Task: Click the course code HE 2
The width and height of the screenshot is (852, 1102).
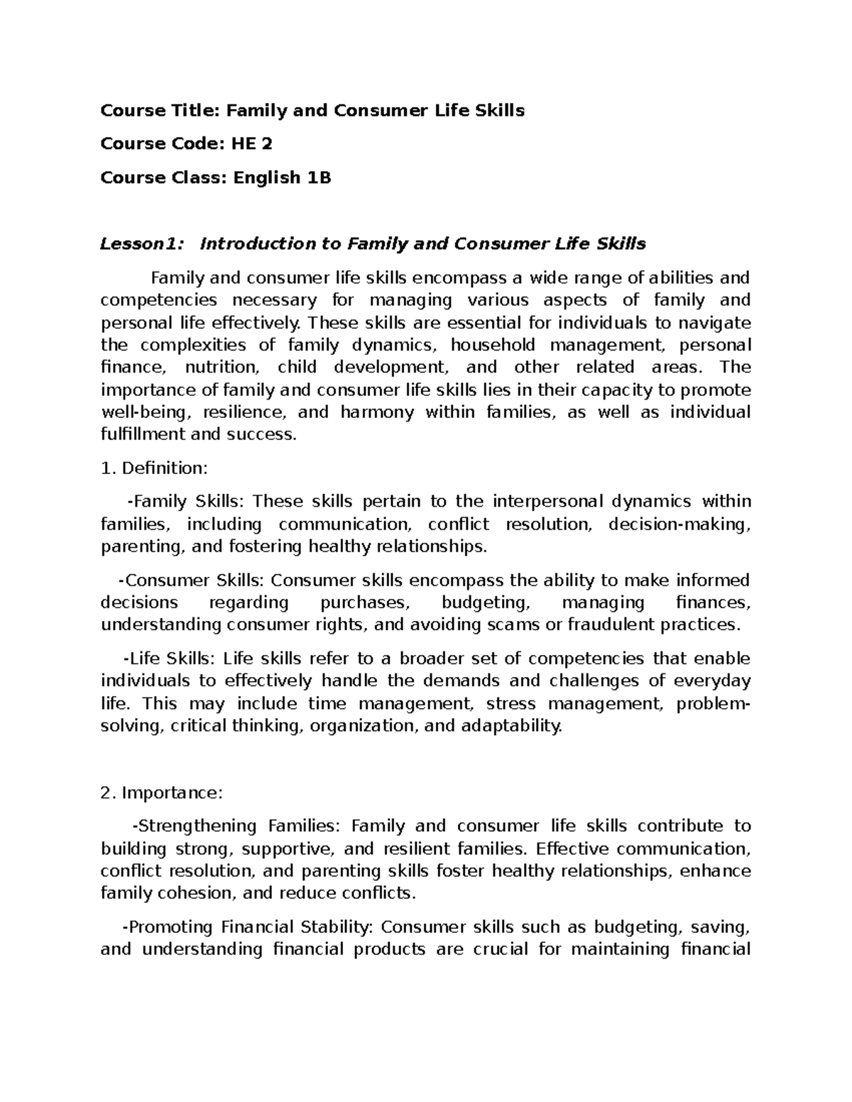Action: (x=251, y=144)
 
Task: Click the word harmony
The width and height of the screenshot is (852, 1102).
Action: (x=376, y=412)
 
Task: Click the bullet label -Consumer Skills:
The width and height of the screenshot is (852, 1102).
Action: (x=191, y=580)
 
